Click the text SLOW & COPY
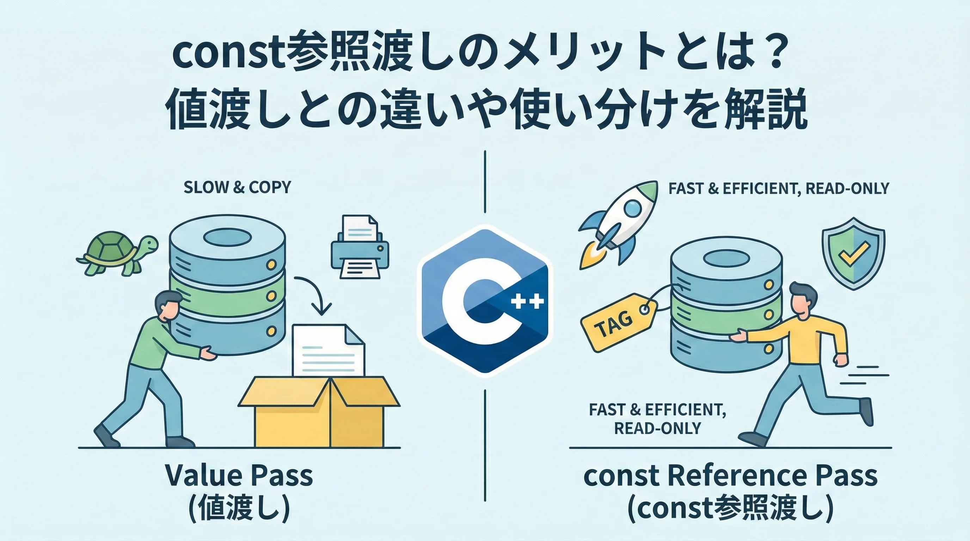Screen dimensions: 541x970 point(237,187)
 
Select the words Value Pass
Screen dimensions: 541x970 point(239,475)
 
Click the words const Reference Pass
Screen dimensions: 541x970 point(731,475)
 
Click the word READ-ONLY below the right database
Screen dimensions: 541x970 point(657,428)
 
